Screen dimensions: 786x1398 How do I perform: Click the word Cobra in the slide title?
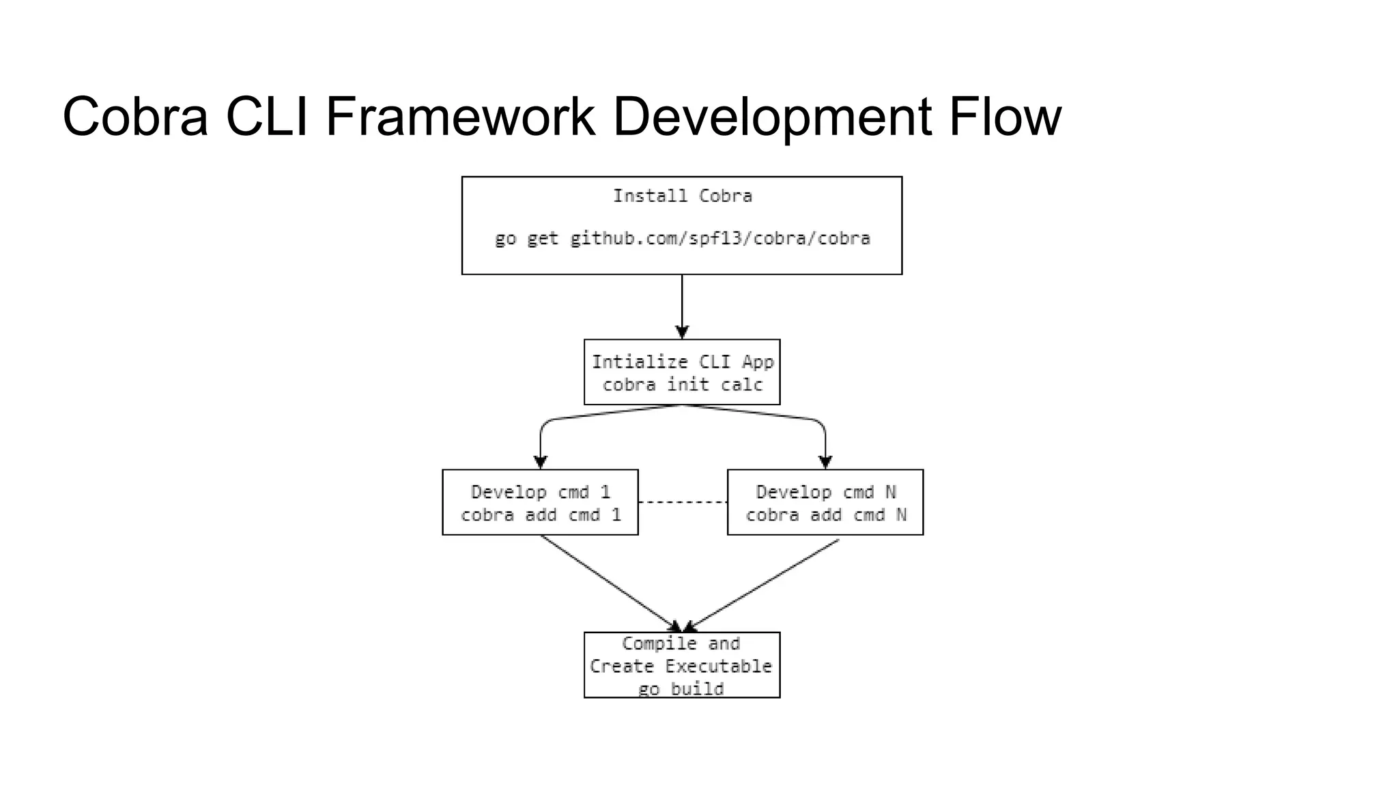coord(134,117)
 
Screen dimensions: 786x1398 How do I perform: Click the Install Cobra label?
coord(682,196)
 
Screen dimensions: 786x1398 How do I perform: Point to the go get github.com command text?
coord(682,239)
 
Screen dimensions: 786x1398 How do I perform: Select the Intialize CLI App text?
coord(682,362)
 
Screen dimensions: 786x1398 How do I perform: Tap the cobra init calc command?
coord(682,385)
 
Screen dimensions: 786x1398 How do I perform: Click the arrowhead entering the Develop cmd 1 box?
coord(541,461)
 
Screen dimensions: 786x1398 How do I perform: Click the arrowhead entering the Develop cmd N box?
coord(825,461)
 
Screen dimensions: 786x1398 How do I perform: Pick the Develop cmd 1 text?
coord(541,492)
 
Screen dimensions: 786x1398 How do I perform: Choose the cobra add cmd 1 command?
coord(541,515)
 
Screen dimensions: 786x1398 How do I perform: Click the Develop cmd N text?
coord(825,492)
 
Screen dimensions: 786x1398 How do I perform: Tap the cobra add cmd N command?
coord(825,515)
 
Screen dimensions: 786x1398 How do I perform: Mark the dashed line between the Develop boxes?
coord(683,502)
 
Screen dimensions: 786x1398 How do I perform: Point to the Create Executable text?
coord(681,667)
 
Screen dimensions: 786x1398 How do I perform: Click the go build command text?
coord(681,689)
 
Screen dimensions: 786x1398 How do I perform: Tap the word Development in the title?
coord(771,117)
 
